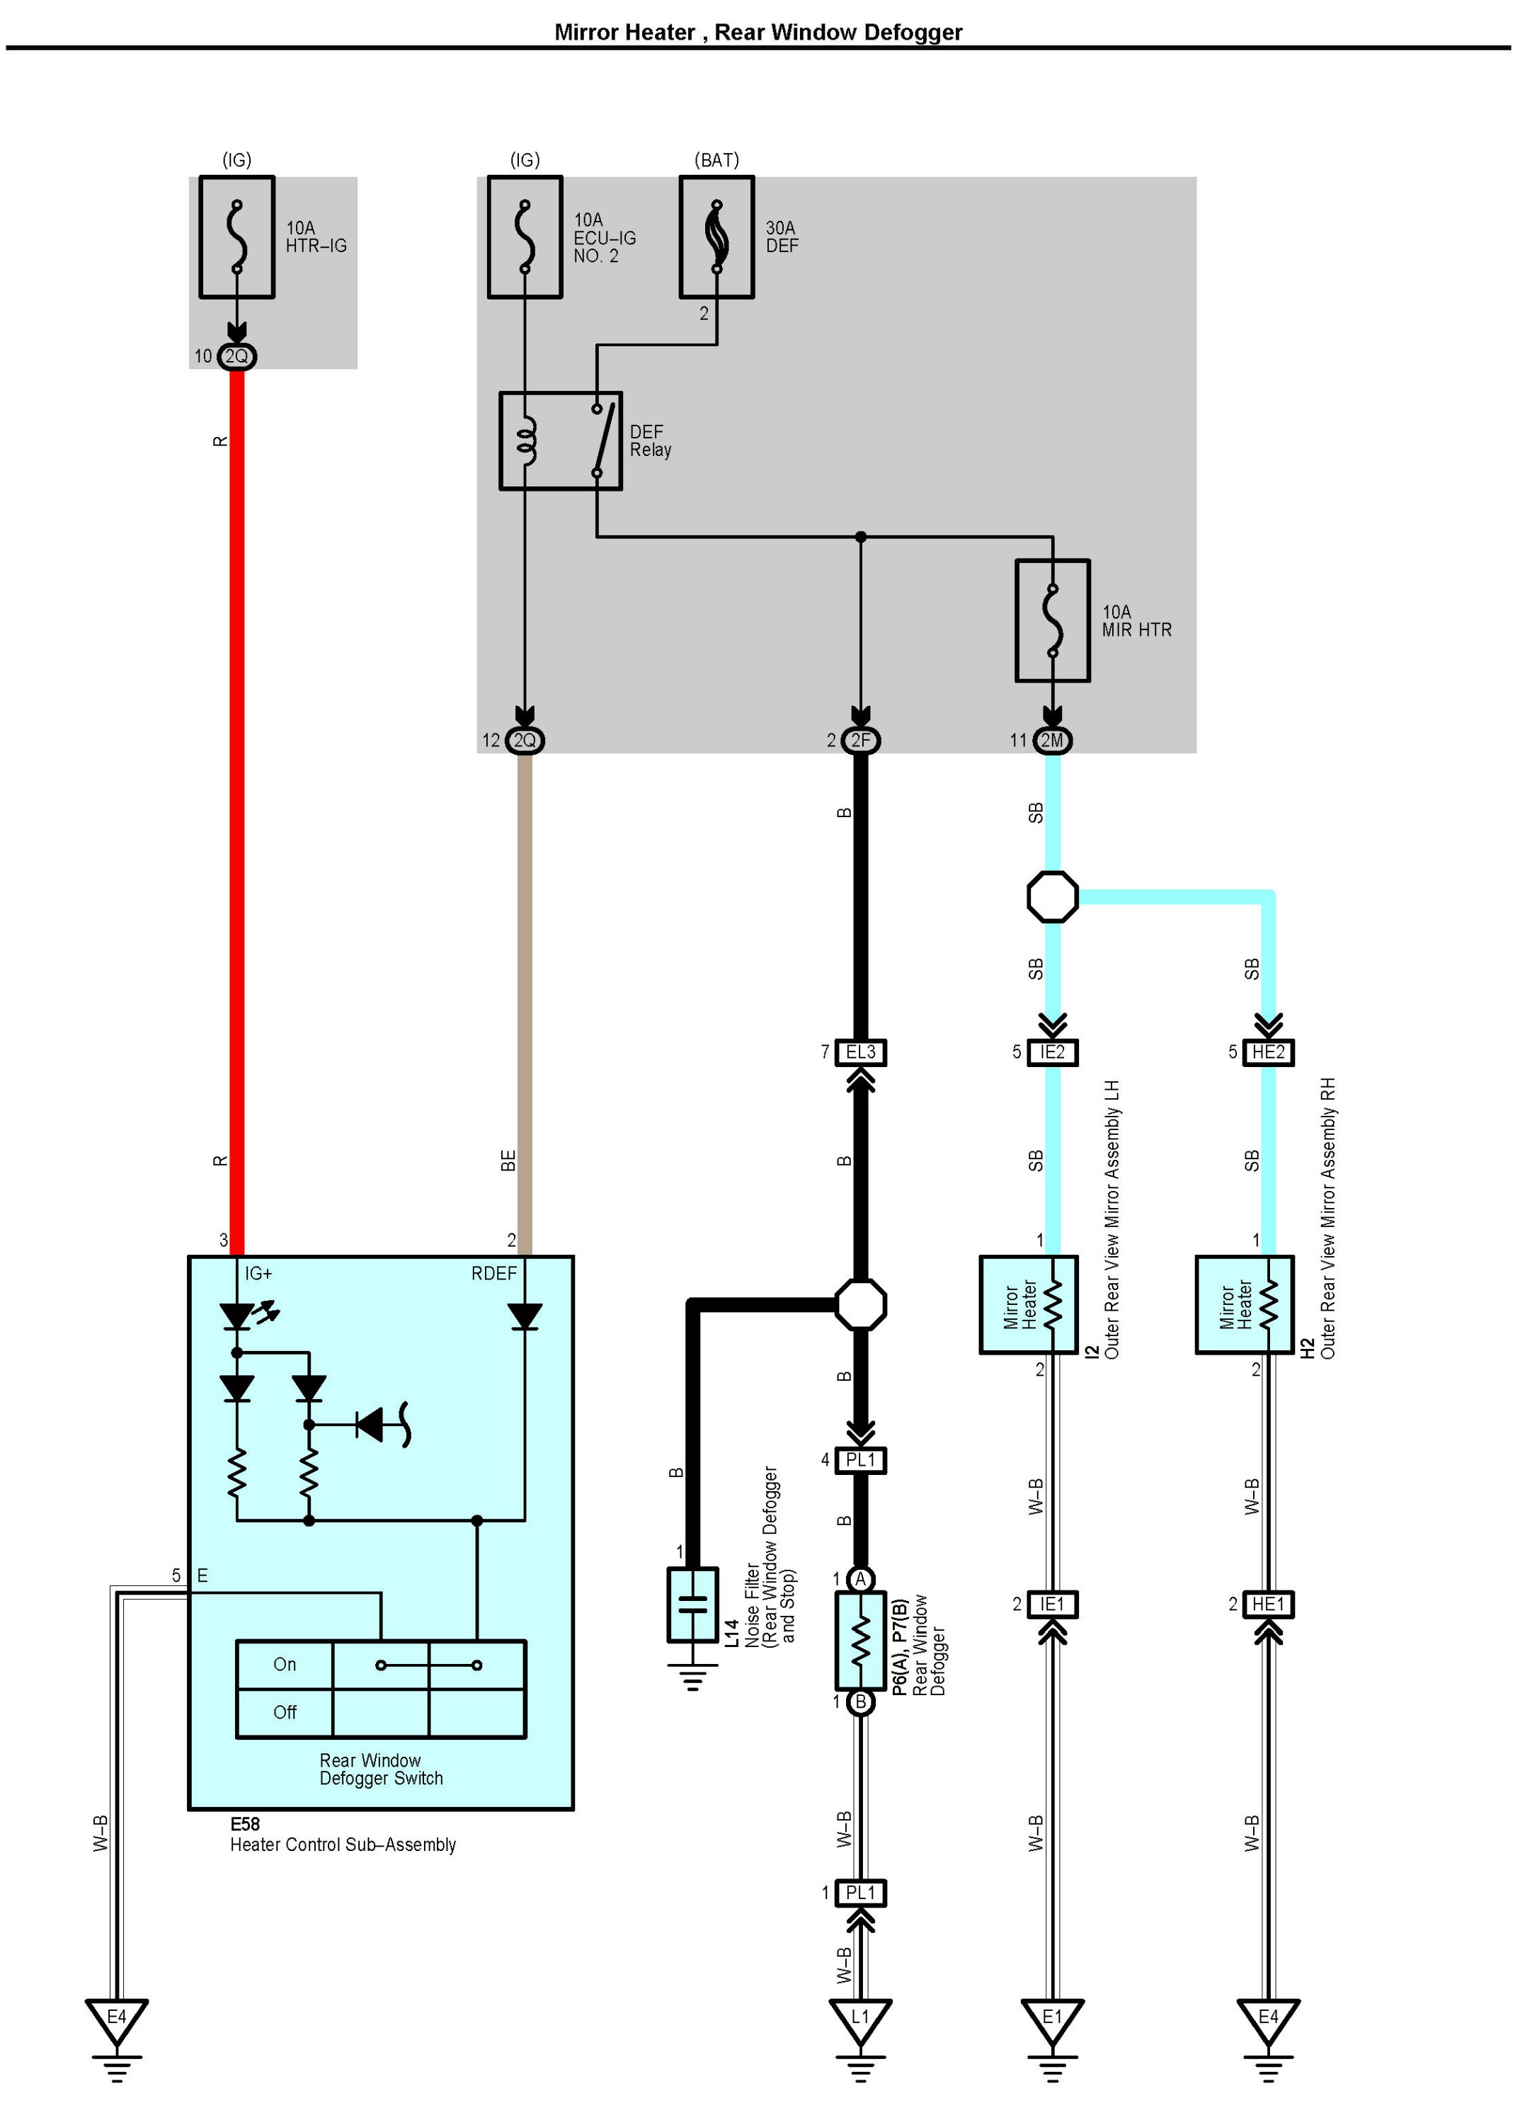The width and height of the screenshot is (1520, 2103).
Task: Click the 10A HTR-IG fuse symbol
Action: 237,237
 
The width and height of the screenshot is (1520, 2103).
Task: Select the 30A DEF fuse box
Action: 716,237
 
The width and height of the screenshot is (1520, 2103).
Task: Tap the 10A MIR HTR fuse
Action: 1053,620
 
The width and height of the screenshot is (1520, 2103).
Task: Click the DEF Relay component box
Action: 561,441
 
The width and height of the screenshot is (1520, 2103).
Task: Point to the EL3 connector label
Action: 861,1052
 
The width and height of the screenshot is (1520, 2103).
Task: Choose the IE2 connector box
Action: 1053,1052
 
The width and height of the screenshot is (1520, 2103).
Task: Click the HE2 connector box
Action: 1269,1052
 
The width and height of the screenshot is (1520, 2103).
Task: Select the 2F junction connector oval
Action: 861,740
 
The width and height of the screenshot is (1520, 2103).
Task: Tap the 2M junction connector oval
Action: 1053,740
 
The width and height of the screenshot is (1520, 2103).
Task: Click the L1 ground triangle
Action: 861,2022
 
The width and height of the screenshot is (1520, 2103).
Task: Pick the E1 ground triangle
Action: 1053,2022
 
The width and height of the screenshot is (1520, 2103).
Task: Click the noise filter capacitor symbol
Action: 693,1605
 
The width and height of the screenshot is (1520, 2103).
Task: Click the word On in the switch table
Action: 285,1665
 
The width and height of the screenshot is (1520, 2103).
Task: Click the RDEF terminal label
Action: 494,1274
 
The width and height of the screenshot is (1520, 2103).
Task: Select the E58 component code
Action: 246,1824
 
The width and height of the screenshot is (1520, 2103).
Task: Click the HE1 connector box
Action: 1269,1604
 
